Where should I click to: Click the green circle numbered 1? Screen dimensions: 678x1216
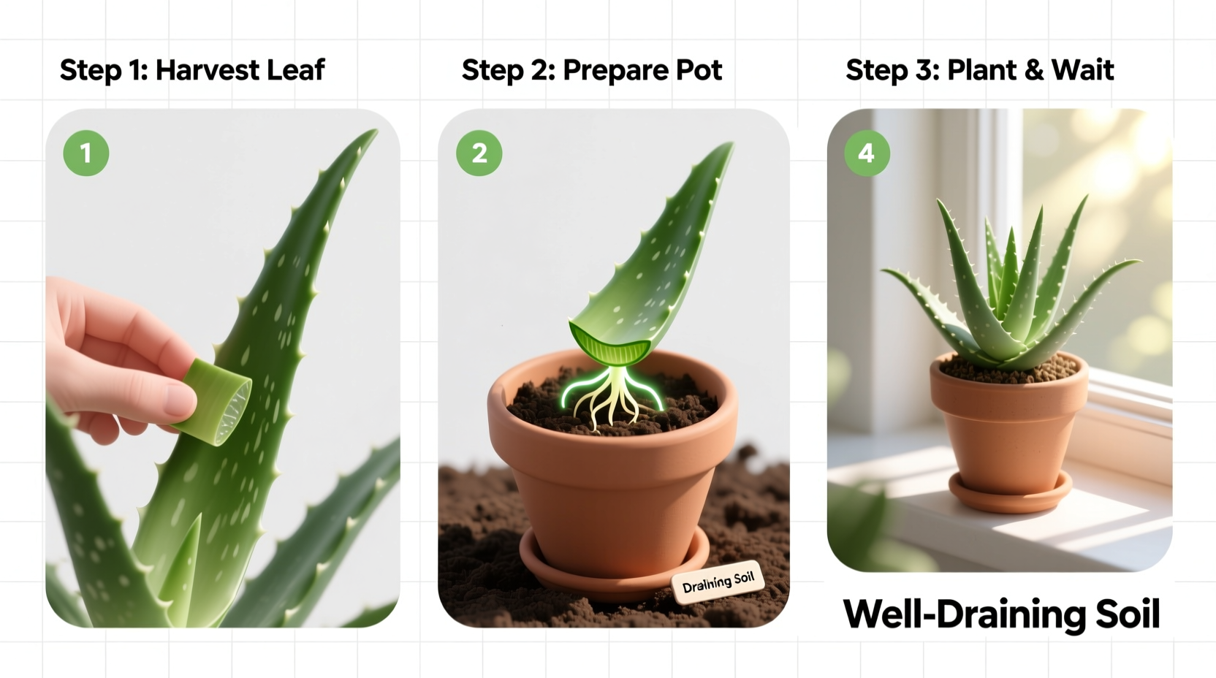click(86, 153)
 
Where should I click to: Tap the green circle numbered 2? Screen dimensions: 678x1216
click(479, 153)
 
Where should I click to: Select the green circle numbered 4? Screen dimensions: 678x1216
click(867, 153)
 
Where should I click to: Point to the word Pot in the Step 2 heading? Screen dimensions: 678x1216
click(699, 70)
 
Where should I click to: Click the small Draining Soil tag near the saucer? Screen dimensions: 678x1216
click(718, 582)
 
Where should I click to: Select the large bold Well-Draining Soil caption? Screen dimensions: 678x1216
click(1001, 614)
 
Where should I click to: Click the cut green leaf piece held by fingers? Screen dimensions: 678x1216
click(216, 401)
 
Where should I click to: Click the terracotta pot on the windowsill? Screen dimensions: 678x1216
click(1008, 431)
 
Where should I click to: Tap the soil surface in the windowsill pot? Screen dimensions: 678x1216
click(1010, 370)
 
